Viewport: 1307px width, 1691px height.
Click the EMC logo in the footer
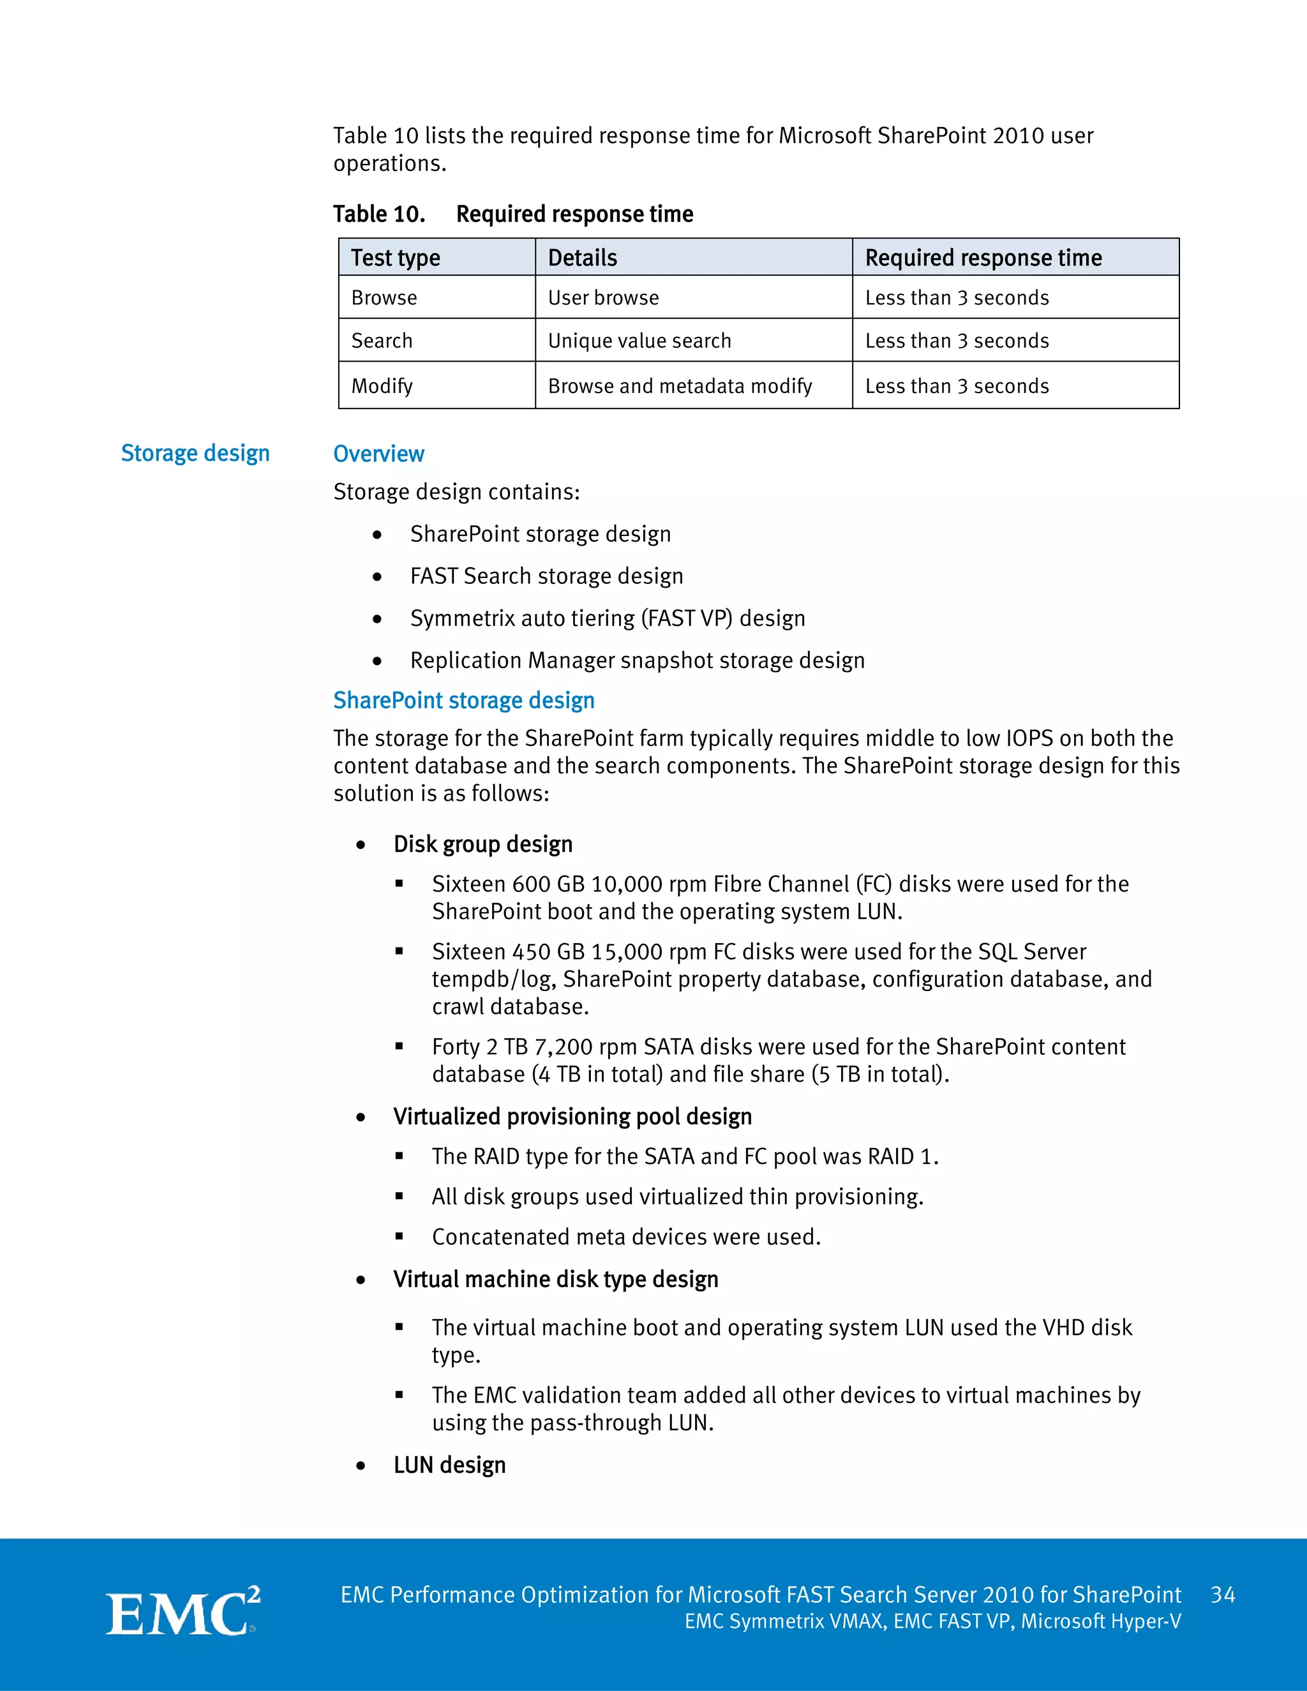183,1612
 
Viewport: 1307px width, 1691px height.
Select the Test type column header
395,258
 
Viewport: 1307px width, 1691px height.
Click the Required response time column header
983,258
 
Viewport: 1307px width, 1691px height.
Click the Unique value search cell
639,341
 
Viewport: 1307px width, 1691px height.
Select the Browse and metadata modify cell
679,385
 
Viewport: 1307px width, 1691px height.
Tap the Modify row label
382,385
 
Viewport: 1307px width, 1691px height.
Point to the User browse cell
603,298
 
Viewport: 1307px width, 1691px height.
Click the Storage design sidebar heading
195,453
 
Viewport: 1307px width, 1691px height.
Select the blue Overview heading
378,454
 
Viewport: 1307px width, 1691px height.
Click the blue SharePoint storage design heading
463,700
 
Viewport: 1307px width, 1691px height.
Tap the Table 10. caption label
378,214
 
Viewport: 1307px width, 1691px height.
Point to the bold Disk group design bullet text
482,844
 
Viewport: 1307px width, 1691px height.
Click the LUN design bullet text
449,1465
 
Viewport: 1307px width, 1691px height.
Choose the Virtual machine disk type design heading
555,1279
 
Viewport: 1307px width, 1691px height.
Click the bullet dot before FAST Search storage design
377,577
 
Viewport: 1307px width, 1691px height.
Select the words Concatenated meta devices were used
625,1237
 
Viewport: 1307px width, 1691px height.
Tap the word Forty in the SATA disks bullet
455,1047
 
